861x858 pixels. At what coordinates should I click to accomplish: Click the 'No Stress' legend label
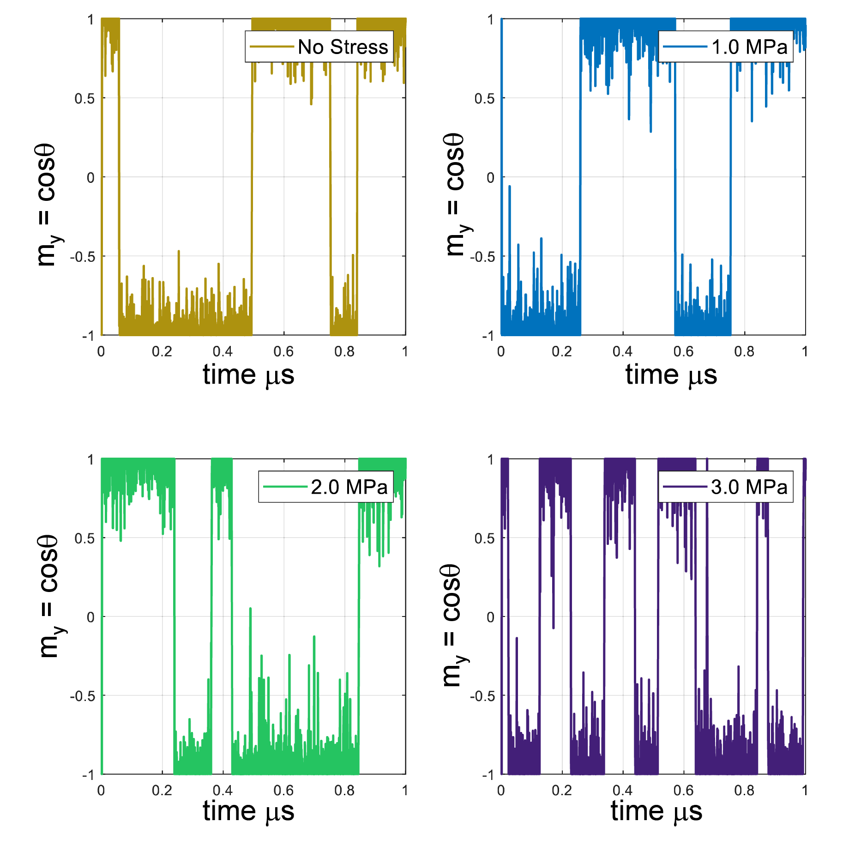click(x=343, y=47)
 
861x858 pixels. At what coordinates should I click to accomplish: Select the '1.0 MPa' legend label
click(x=749, y=47)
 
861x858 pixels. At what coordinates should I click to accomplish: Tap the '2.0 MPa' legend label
click(x=349, y=487)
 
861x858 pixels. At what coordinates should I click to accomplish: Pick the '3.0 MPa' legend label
click(x=749, y=487)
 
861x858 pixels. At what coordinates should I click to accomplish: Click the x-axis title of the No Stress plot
click(x=248, y=375)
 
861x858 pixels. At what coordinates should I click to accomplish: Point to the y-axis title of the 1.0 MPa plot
click(x=455, y=194)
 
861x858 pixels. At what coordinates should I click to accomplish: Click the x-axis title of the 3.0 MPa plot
click(x=656, y=811)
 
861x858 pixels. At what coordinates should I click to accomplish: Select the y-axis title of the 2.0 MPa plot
click(x=48, y=596)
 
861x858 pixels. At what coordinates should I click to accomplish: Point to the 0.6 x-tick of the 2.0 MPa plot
click(x=283, y=790)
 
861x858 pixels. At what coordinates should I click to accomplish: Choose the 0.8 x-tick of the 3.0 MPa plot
click(x=744, y=790)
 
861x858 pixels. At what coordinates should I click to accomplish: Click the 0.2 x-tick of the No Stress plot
click(x=162, y=352)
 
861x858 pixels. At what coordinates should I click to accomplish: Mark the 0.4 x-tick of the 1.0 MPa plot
click(x=622, y=352)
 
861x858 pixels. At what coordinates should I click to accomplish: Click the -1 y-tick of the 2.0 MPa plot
click(x=88, y=774)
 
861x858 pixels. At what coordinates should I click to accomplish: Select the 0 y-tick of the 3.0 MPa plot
click(x=490, y=617)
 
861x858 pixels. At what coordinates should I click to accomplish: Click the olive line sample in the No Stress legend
click(x=271, y=47)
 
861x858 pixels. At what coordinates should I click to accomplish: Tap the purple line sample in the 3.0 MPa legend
click(x=685, y=487)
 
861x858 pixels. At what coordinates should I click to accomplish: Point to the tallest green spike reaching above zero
click(x=250, y=609)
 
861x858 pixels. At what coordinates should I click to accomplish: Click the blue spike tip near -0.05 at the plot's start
click(x=510, y=187)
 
